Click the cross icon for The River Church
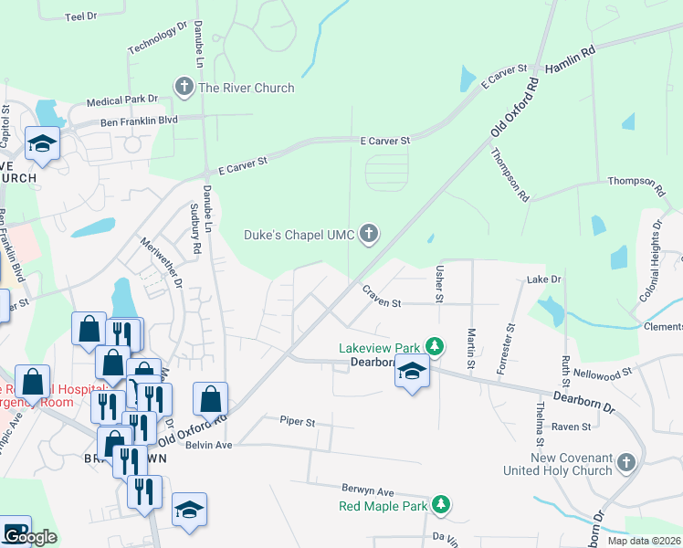[184, 88]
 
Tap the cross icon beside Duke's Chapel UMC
[370, 235]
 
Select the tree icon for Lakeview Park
[436, 348]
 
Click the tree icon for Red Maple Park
[441, 505]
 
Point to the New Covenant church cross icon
[625, 463]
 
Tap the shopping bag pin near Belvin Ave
[210, 399]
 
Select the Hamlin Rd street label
[570, 62]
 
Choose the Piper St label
[297, 423]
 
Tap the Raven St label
[572, 426]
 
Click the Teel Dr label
[81, 16]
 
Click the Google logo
[30, 537]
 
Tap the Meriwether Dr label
[162, 261]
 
